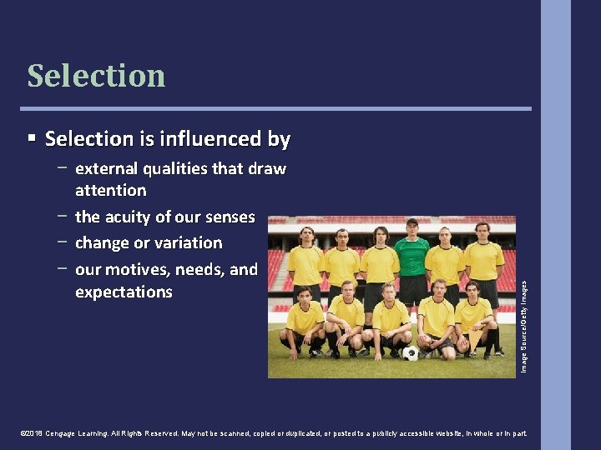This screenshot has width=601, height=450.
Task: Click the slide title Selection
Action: click(x=96, y=76)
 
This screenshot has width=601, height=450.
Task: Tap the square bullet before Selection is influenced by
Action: click(x=32, y=137)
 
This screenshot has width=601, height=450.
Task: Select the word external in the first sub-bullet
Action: click(x=105, y=169)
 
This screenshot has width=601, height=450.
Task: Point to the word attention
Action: click(x=110, y=191)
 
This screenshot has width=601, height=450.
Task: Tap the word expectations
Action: click(x=124, y=292)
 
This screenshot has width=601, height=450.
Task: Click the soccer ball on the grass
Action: click(x=410, y=352)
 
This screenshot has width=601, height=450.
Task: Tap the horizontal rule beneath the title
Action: click(x=280, y=108)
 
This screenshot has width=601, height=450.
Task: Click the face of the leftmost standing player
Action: click(x=306, y=234)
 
